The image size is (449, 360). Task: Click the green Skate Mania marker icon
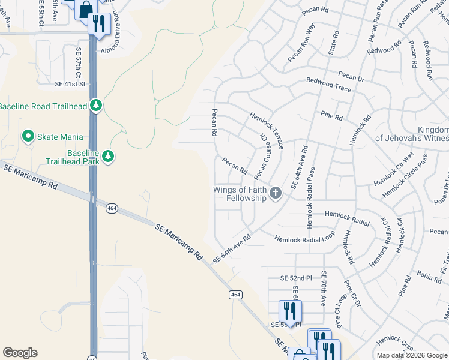pyautogui.click(x=28, y=136)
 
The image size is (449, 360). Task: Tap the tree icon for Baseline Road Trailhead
pyautogui.click(x=96, y=106)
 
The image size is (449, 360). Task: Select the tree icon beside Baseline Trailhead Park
pyautogui.click(x=108, y=157)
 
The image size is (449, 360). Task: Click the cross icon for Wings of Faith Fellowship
pyautogui.click(x=276, y=193)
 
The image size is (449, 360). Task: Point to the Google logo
pyautogui.click(x=20, y=353)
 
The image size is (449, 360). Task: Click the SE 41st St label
pyautogui.click(x=71, y=85)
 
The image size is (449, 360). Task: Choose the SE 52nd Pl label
pyautogui.click(x=297, y=278)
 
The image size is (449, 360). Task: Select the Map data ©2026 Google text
pyautogui.click(x=412, y=355)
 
